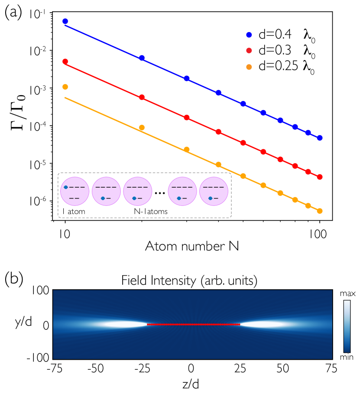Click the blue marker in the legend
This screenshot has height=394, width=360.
click(x=249, y=35)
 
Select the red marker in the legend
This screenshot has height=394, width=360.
click(x=249, y=51)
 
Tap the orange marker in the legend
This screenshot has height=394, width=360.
click(x=249, y=67)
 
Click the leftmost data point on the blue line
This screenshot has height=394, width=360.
click(x=65, y=21)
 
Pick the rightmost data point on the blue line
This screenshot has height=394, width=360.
click(x=320, y=138)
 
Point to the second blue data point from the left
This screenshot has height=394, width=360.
click(x=142, y=58)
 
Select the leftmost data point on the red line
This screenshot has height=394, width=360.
click(x=65, y=62)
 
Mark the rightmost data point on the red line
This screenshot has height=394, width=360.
click(x=320, y=177)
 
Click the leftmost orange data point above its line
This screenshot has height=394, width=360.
click(x=65, y=87)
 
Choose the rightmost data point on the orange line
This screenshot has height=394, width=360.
click(x=320, y=211)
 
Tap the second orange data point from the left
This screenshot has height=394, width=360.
click(x=142, y=127)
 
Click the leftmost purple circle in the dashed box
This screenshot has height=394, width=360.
click(x=75, y=191)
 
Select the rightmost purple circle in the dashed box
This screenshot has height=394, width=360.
click(x=214, y=191)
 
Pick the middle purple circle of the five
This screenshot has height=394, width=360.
click(x=138, y=191)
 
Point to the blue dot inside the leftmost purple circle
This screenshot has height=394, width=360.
click(x=66, y=187)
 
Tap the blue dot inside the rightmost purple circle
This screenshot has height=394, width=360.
click(x=210, y=199)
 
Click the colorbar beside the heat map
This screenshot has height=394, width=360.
click(x=347, y=326)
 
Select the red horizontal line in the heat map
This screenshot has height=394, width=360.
click(x=193, y=324)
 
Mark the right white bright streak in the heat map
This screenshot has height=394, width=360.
click(x=262, y=324)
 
